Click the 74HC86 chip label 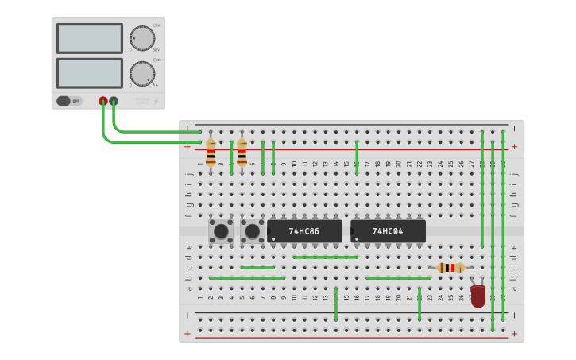pyautogui.click(x=303, y=231)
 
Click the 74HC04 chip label pyautogui.click(x=388, y=231)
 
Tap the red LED pyautogui.click(x=477, y=296)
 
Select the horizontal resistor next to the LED pyautogui.click(x=450, y=268)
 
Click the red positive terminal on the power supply pyautogui.click(x=103, y=101)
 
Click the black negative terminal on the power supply pyautogui.click(x=114, y=101)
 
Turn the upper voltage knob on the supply pyautogui.click(x=142, y=38)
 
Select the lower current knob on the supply pyautogui.click(x=142, y=74)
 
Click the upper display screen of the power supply pyautogui.click(x=89, y=38)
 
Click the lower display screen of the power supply pyautogui.click(x=89, y=73)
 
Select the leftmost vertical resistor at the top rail pyautogui.click(x=211, y=152)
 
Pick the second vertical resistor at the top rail pyautogui.click(x=242, y=152)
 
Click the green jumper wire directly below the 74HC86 pyautogui.click(x=325, y=257)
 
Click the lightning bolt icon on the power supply pyautogui.click(x=156, y=101)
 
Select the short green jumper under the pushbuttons pyautogui.click(x=257, y=268)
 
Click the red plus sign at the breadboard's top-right pyautogui.click(x=514, y=146)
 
